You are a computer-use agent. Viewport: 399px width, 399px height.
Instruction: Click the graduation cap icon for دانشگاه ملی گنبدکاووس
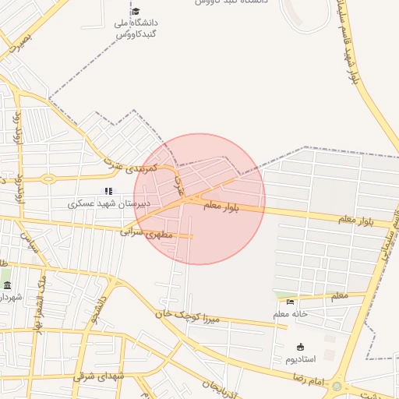point(136,11)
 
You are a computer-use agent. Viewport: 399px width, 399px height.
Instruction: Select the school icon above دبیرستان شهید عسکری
point(108,191)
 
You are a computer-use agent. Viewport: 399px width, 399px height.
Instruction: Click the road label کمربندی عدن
point(130,168)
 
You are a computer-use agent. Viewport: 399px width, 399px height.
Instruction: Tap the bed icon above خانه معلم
point(291,302)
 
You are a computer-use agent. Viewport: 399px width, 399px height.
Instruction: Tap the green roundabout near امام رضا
point(337,387)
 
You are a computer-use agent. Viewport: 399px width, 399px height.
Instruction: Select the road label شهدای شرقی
point(100,376)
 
